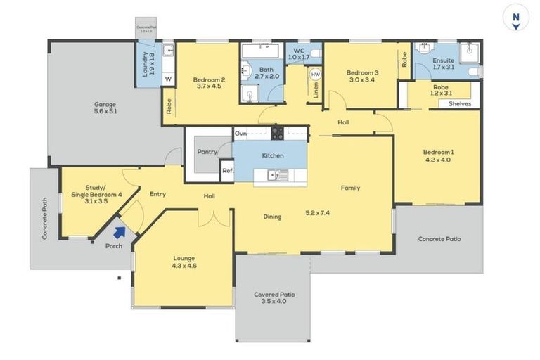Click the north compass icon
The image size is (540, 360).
click(516, 18)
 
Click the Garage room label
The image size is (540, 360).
click(105, 108)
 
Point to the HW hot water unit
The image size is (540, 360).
click(316, 74)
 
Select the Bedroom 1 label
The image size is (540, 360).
click(437, 156)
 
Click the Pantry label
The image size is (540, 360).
click(206, 151)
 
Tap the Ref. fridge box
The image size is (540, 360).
click(226, 171)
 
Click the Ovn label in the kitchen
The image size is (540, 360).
click(241, 133)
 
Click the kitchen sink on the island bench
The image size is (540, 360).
click(279, 175)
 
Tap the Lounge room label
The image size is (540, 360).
click(184, 262)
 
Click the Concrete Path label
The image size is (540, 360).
click(44, 218)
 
